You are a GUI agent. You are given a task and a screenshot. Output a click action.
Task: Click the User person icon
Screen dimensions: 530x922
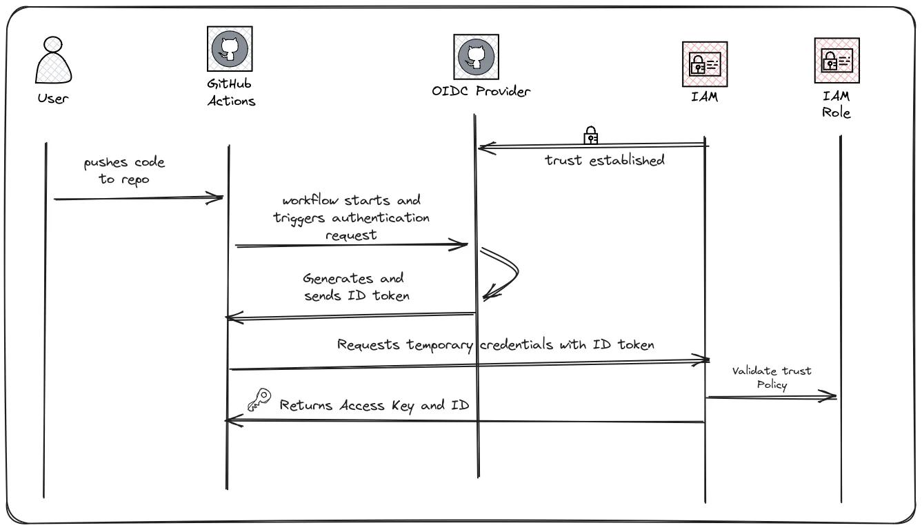53,61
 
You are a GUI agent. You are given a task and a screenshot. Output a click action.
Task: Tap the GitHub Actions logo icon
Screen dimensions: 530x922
230,48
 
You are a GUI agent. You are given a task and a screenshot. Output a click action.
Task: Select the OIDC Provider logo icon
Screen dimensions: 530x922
476,57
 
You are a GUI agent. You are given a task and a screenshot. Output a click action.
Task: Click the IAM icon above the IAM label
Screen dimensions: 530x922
704,64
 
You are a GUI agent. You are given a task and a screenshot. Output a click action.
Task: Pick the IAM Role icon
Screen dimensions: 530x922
836,61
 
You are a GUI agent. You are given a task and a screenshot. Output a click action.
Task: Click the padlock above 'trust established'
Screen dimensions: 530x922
591,135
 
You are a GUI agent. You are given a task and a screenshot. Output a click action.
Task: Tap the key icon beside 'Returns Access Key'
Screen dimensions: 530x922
259,400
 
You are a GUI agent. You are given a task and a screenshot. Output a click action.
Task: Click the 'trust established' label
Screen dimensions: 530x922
605,160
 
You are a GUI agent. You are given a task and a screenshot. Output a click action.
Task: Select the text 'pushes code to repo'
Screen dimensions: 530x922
125,171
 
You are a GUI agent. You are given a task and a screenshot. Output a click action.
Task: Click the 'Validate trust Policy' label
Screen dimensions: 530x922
772,377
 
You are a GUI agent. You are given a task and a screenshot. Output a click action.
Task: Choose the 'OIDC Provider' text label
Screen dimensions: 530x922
481,91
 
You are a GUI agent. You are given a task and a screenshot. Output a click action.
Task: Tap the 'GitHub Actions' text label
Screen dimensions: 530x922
231,92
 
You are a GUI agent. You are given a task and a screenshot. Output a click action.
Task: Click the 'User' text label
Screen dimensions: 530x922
53,99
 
